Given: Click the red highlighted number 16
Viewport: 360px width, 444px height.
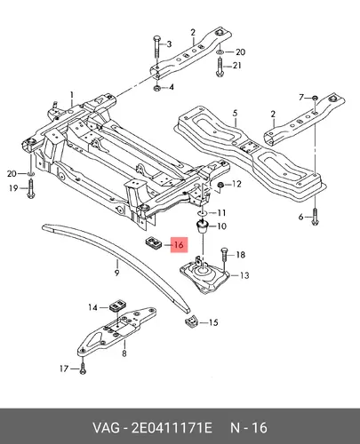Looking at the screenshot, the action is [x=179, y=245].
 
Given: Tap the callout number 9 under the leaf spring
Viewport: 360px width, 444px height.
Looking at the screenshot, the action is [x=116, y=273].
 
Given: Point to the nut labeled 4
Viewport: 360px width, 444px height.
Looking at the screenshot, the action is [x=157, y=88].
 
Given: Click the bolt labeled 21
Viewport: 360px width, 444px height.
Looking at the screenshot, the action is [x=220, y=67].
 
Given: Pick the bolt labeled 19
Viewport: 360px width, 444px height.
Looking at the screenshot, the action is [x=30, y=188].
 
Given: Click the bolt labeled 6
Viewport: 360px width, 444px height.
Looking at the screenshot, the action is [x=315, y=217].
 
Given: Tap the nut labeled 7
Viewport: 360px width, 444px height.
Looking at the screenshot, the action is [x=316, y=98].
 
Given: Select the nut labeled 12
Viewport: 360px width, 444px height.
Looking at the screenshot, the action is [x=220, y=186].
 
